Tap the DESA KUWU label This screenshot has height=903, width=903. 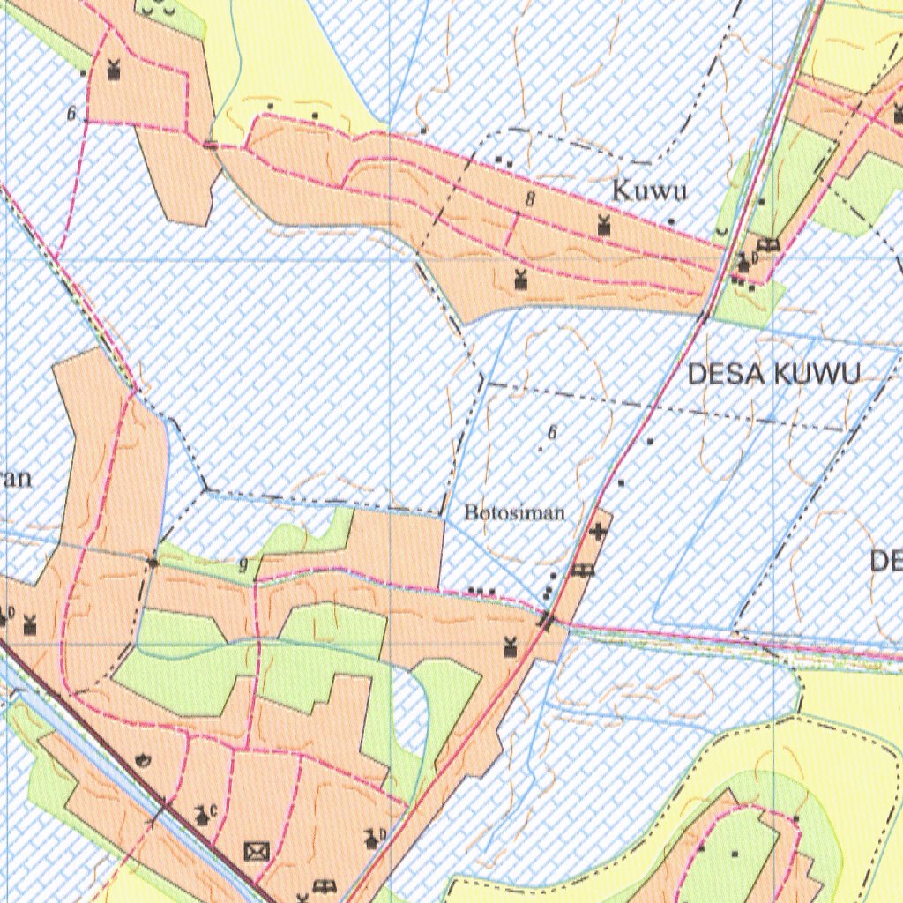[772, 374]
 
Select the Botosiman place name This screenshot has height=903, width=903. [515, 512]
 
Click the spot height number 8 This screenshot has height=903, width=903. [530, 199]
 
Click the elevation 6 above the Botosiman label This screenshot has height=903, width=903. [553, 432]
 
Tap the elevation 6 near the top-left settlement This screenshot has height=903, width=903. [71, 114]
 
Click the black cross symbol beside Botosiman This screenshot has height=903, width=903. [599, 532]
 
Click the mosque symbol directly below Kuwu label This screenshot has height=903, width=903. [604, 226]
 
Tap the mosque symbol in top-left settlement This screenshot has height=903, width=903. [113, 69]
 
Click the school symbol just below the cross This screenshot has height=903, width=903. [582, 571]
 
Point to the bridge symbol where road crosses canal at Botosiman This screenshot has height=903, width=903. [547, 622]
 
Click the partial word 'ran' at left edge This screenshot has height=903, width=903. [16, 479]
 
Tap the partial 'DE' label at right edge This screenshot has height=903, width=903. [885, 561]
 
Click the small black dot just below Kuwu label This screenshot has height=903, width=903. [671, 221]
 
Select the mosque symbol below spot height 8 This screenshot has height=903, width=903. [520, 280]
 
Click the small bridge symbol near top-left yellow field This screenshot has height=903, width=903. [210, 145]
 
